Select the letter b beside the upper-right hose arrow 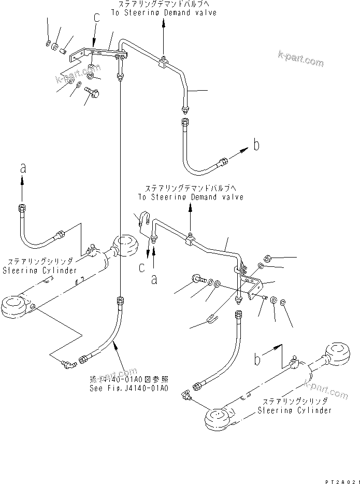256,146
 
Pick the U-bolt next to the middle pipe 145,220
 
